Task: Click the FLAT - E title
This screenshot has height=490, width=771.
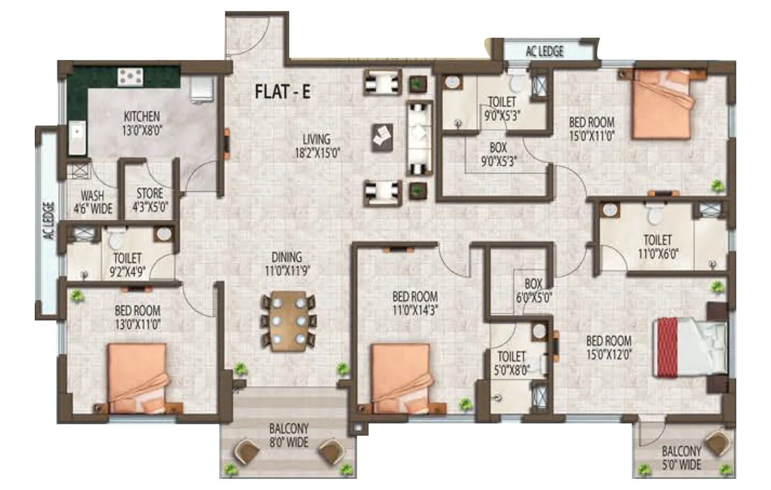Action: pyautogui.click(x=282, y=91)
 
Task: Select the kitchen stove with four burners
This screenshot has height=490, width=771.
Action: pyautogui.click(x=131, y=76)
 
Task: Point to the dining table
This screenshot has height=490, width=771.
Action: pyautogui.click(x=289, y=320)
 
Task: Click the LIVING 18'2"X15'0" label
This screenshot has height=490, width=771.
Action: pyautogui.click(x=317, y=146)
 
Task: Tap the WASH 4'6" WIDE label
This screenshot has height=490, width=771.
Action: pyautogui.click(x=93, y=202)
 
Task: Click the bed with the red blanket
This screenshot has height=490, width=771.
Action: pyautogui.click(x=689, y=345)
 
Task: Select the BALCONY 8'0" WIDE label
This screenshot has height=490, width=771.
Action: pyautogui.click(x=289, y=435)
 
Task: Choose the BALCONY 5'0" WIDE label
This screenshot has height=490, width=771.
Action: pyautogui.click(x=681, y=458)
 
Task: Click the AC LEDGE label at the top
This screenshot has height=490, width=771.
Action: pyautogui.click(x=545, y=51)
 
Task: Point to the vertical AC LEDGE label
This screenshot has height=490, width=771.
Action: pyautogui.click(x=49, y=221)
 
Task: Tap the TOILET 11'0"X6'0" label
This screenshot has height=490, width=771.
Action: pyautogui.click(x=658, y=246)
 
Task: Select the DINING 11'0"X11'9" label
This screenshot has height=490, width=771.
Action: pyautogui.click(x=287, y=264)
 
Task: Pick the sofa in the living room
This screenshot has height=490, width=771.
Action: pyautogui.click(x=420, y=138)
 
